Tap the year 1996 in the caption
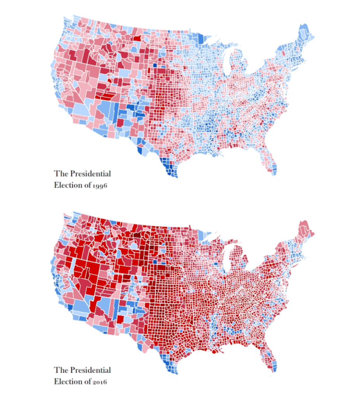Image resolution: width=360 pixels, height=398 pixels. pyautogui.click(x=100, y=185)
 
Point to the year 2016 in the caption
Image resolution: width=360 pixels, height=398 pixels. pyautogui.click(x=100, y=382)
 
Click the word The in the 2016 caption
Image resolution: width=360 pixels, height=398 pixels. pyautogui.click(x=61, y=370)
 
